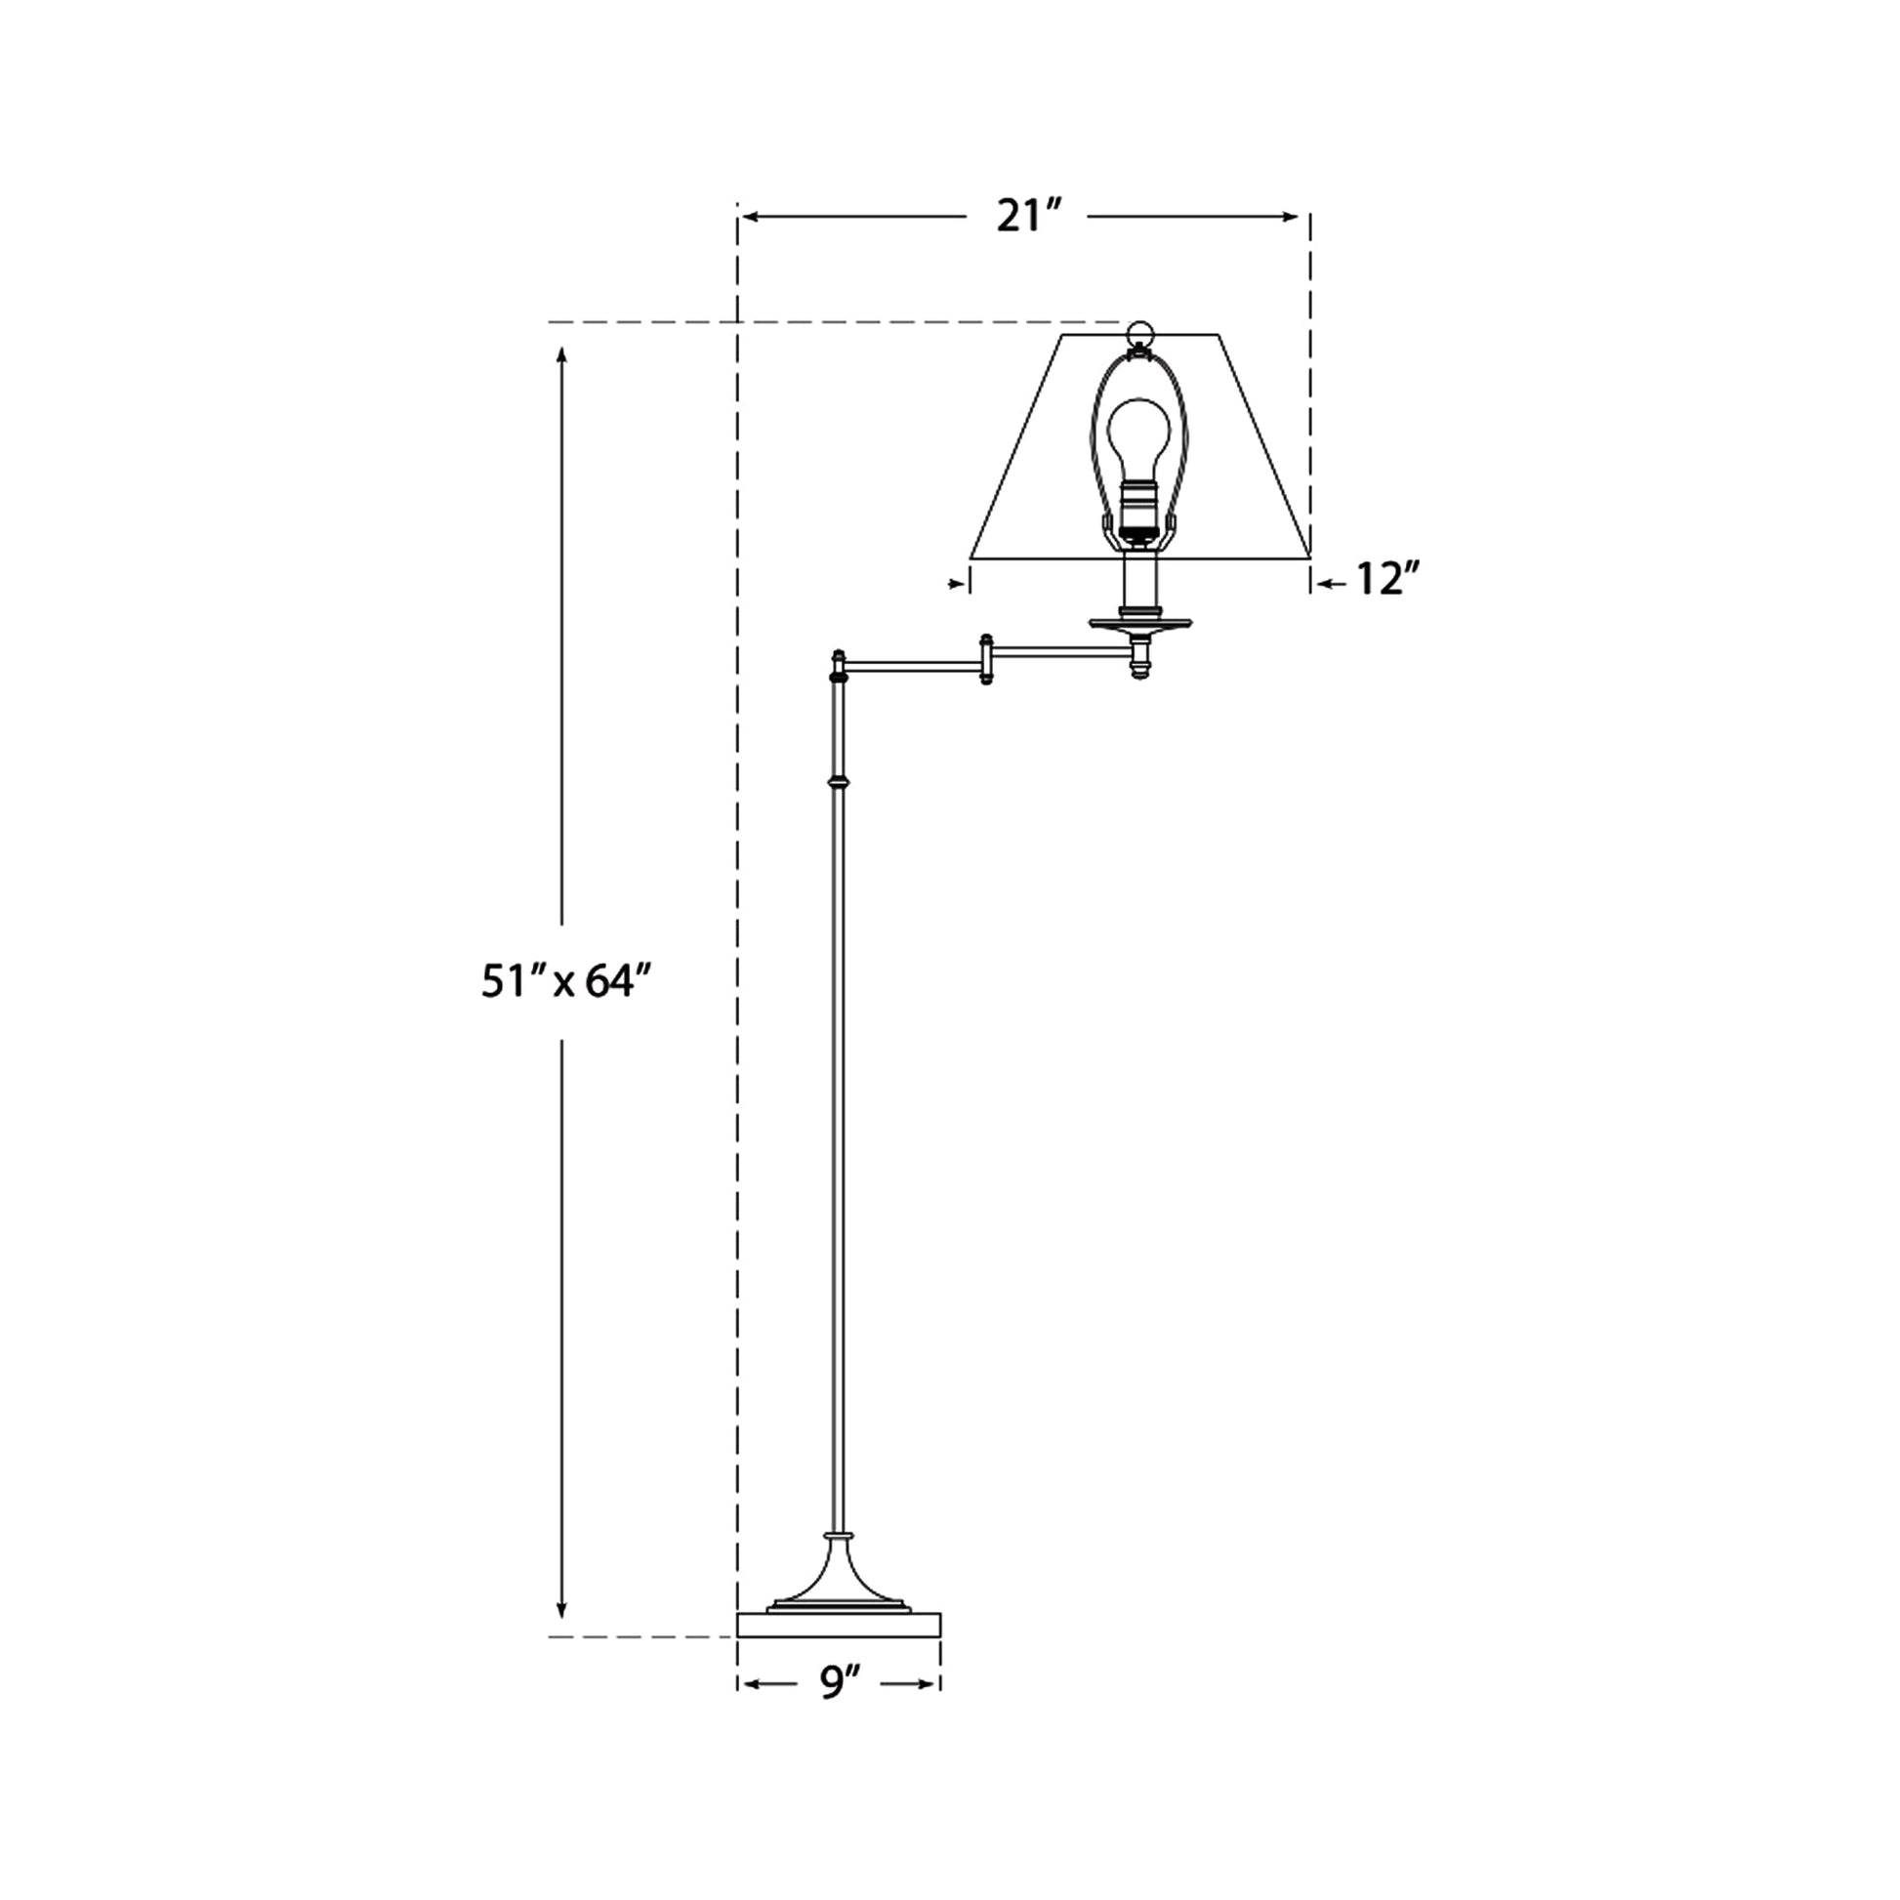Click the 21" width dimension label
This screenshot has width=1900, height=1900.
coord(1029,217)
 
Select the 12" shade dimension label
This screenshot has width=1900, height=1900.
coord(1387,580)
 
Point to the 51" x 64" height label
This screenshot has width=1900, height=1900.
coord(566,981)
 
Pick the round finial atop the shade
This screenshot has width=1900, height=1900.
coord(1139,331)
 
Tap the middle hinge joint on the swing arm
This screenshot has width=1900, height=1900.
coord(986,660)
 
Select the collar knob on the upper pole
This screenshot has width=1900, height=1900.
coord(839,783)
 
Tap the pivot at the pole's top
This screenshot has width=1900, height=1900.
coord(839,666)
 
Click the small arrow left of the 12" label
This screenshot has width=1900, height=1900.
coord(1327,583)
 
